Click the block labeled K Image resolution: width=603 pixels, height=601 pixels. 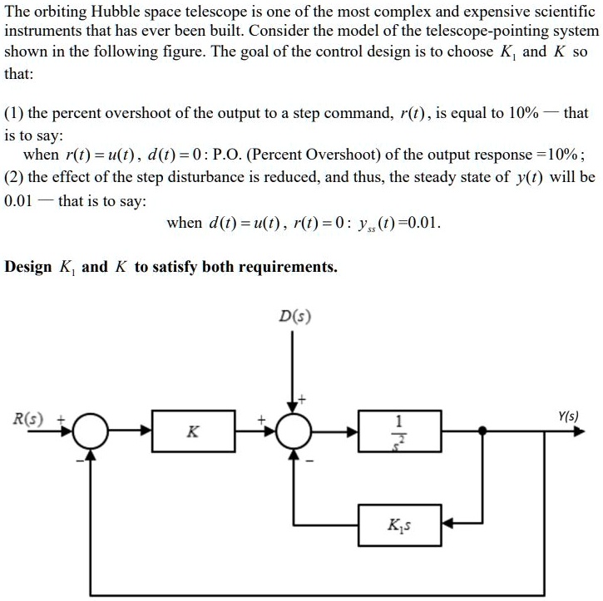click(192, 431)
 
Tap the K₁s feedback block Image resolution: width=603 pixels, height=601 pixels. click(400, 525)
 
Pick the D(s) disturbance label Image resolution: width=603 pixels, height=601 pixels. click(294, 316)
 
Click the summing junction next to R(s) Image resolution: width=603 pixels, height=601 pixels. click(91, 431)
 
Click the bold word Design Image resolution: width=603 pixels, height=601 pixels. click(28, 267)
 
